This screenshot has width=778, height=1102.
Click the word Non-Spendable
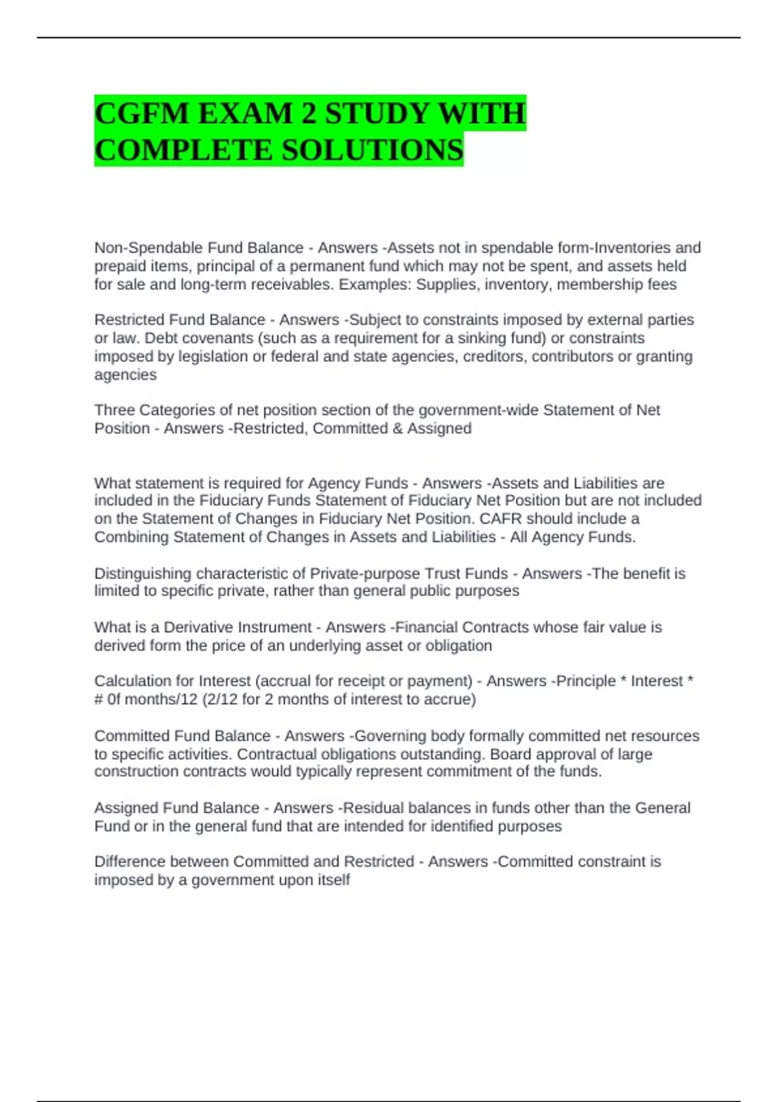pyautogui.click(x=134, y=248)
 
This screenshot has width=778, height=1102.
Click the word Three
pyautogui.click(x=114, y=410)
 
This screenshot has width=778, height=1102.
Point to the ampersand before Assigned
pyautogui.click(x=397, y=428)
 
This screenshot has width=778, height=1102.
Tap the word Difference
pyautogui.click(x=130, y=862)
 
